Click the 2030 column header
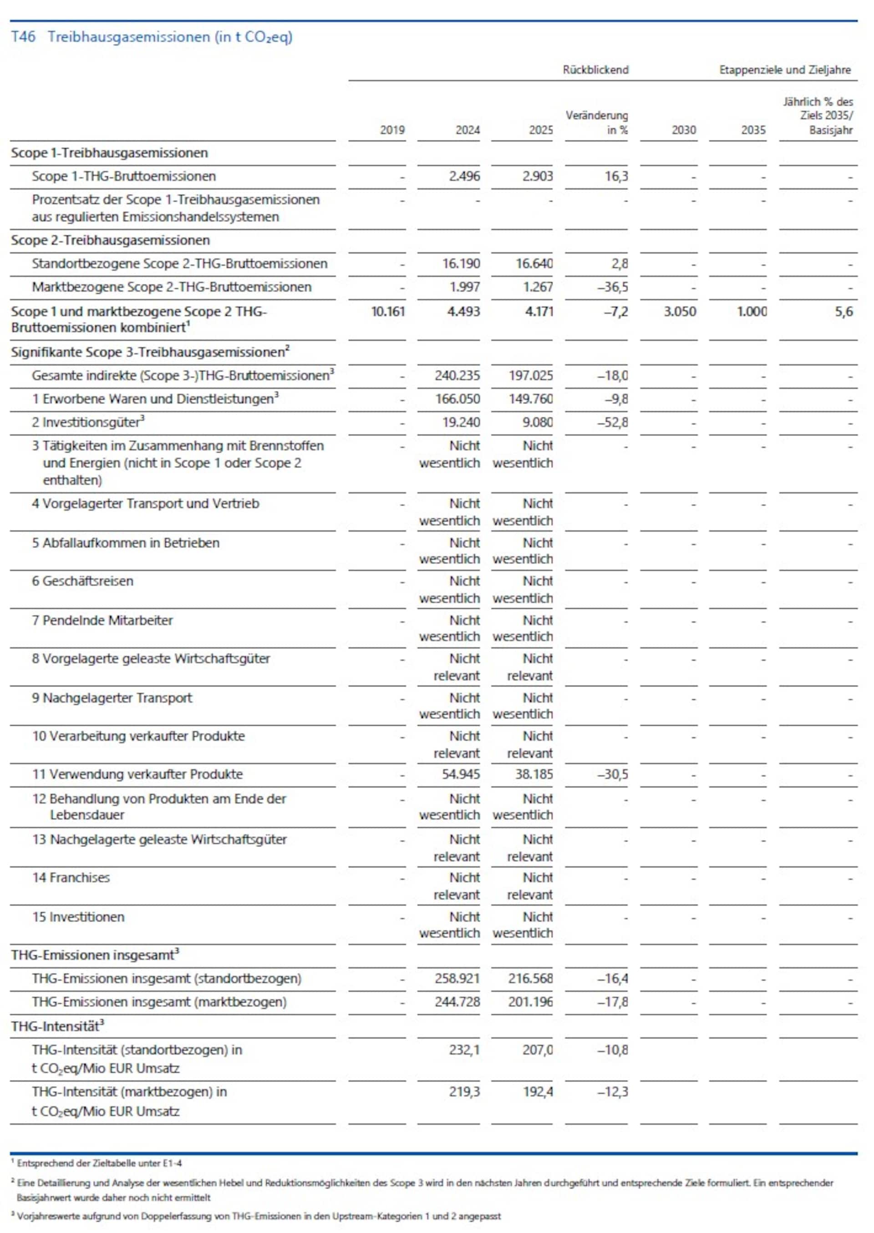click(x=683, y=130)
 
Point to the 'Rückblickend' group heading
click(x=595, y=70)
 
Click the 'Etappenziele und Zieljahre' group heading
click(x=785, y=70)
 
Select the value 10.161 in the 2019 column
click(x=388, y=312)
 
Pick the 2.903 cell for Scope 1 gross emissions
click(x=537, y=177)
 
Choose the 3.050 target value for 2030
click(x=680, y=312)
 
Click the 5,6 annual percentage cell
click(x=844, y=312)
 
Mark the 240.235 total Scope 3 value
click(x=457, y=375)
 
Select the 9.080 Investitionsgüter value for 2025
click(x=537, y=422)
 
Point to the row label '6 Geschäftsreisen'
click(x=82, y=581)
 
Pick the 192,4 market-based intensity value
click(x=537, y=1092)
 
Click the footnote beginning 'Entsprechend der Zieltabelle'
click(x=99, y=1163)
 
